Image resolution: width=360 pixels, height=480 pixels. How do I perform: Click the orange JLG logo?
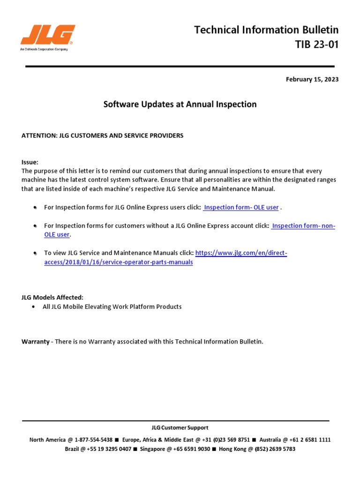(47, 35)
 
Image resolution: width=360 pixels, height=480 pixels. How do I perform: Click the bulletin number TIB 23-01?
(316, 45)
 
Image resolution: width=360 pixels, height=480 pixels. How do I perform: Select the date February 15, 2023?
(312, 79)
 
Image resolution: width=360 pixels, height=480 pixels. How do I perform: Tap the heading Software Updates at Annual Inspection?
(180, 104)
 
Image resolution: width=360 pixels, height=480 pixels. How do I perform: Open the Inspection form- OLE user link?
(241, 207)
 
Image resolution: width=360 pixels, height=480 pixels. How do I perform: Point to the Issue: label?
(30, 162)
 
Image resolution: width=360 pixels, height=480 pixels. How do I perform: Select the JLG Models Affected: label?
(52, 297)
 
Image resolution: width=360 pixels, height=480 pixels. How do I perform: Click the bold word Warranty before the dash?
(35, 341)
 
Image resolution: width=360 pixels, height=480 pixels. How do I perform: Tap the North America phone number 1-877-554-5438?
(93, 440)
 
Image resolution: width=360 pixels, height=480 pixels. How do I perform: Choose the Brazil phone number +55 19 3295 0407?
(109, 449)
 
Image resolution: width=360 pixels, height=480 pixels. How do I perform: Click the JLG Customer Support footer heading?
(180, 427)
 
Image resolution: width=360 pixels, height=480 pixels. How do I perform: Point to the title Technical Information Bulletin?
(266, 30)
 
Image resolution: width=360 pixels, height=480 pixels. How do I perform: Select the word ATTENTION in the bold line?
(38, 135)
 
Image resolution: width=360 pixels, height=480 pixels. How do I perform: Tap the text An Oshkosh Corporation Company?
(44, 49)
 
